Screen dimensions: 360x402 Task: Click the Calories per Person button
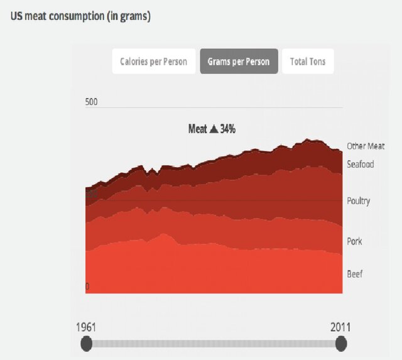(154, 62)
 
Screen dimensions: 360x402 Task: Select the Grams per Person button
(239, 62)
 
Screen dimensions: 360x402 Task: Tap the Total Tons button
(308, 62)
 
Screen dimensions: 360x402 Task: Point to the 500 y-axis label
(92, 102)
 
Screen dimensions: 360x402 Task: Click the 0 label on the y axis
(87, 286)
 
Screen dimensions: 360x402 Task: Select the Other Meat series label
(366, 146)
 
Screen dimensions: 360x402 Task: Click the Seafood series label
(361, 165)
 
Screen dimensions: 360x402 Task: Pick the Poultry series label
(359, 201)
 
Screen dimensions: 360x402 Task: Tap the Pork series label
(354, 241)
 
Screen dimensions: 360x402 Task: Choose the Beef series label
(354, 274)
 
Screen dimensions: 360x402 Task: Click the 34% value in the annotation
(227, 129)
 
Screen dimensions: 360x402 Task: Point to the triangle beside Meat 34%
(214, 129)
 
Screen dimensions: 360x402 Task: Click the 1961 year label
(86, 327)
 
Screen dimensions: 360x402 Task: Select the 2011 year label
(340, 327)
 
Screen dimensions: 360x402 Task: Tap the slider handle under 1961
(87, 344)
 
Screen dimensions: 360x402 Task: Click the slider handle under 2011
(341, 344)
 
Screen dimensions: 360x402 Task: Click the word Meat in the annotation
(198, 129)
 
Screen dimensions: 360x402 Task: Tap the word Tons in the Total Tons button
(317, 62)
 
